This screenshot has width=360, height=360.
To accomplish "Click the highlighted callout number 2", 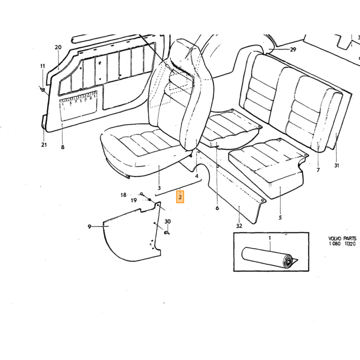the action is [180, 197].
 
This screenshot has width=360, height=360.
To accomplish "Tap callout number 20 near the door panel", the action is [58, 47].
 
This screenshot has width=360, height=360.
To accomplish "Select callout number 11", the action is [43, 66].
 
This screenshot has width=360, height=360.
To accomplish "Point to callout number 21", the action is [44, 145].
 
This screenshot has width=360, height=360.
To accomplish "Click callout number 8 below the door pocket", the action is [63, 147].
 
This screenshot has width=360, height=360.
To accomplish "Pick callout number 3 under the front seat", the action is [159, 188].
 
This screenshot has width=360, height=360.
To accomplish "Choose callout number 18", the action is [123, 195].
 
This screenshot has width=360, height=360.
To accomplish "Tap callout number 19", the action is [134, 201].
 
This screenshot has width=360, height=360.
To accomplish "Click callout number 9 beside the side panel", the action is [89, 227].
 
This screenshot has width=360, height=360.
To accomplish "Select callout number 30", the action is [168, 222].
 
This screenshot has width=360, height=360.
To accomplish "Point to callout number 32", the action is [239, 226].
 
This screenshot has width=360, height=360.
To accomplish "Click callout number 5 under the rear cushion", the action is [280, 218].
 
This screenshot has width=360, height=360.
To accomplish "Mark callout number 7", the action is [318, 170].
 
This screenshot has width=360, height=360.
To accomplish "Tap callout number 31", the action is [336, 165].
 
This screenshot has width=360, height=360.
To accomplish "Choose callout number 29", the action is [293, 49].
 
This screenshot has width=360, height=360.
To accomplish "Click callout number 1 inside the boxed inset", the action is [270, 238].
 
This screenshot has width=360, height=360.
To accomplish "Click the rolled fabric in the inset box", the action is [269, 258].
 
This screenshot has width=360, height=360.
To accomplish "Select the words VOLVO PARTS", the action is [343, 239].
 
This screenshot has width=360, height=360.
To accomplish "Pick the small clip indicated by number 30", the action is [167, 233].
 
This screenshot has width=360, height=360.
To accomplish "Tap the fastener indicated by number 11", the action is [42, 89].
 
